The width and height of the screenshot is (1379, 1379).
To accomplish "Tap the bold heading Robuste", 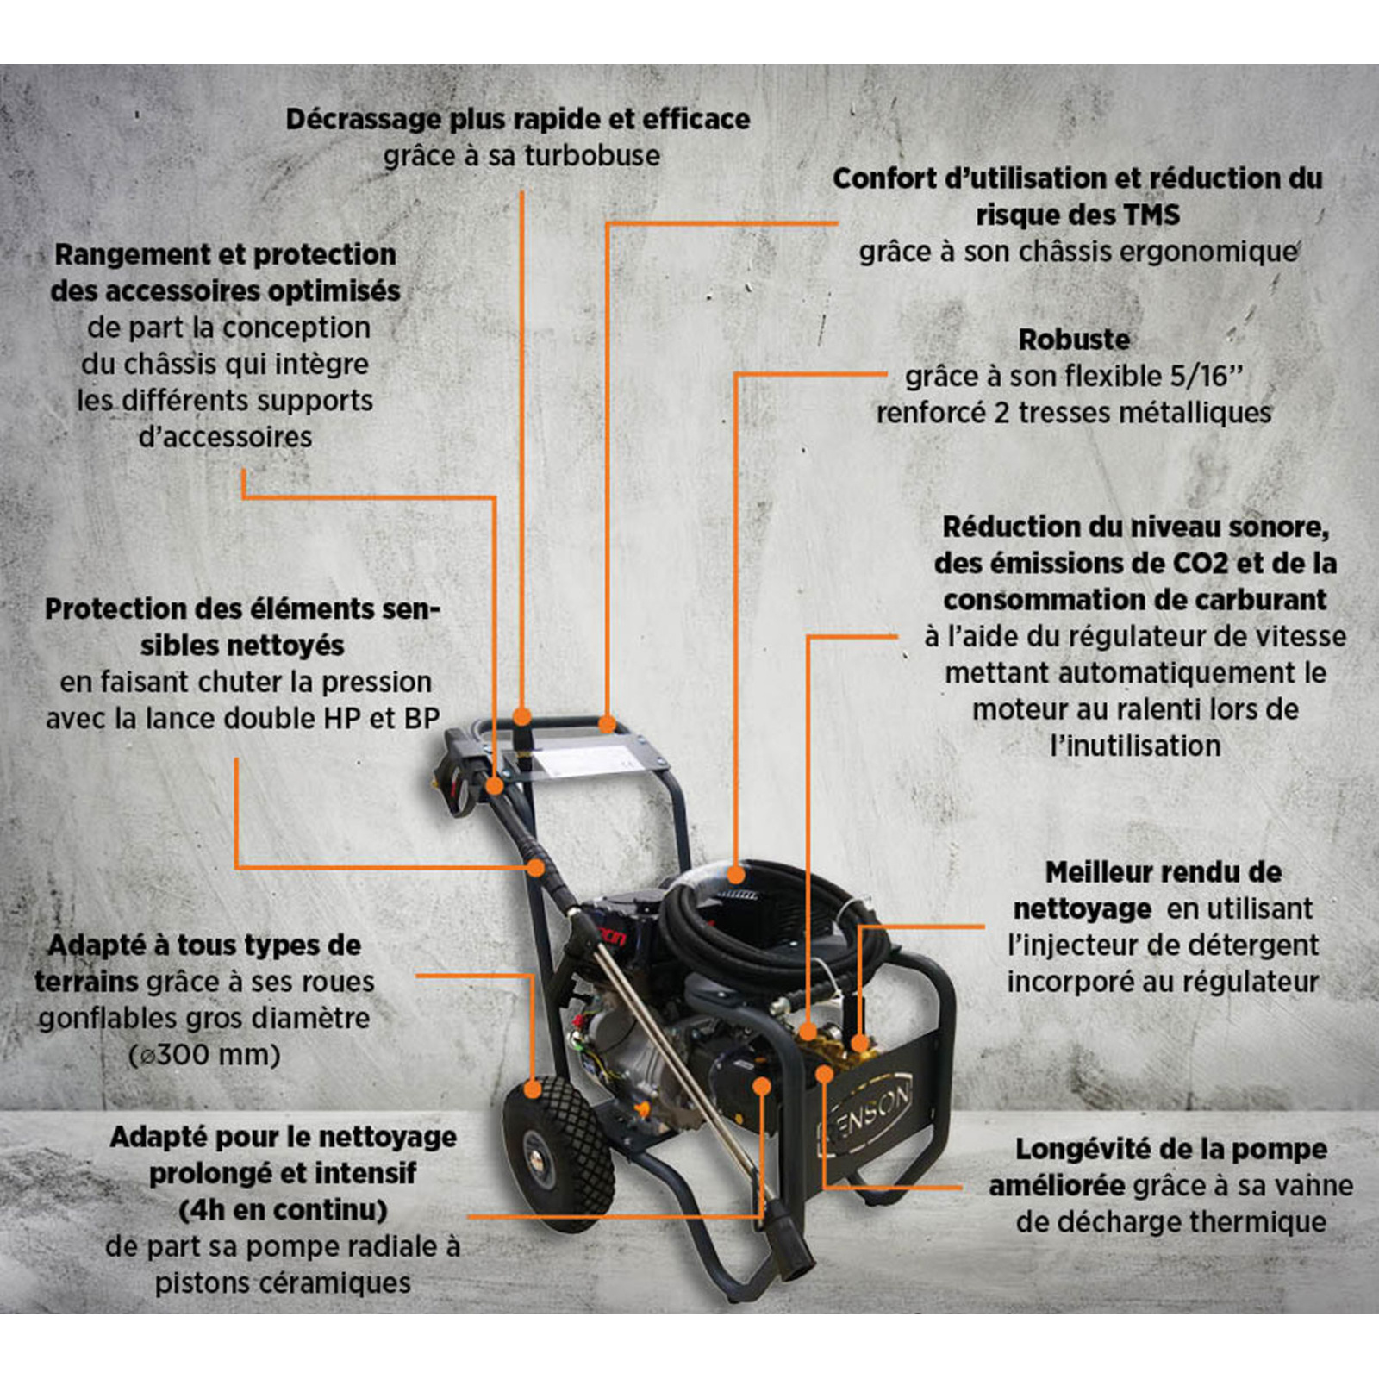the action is [x=1074, y=340].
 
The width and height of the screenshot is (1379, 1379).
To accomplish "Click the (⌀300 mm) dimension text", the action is [x=204, y=1055].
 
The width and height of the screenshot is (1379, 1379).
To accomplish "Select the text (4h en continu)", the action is [x=283, y=1210].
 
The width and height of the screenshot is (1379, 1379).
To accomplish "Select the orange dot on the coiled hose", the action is [x=735, y=875].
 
